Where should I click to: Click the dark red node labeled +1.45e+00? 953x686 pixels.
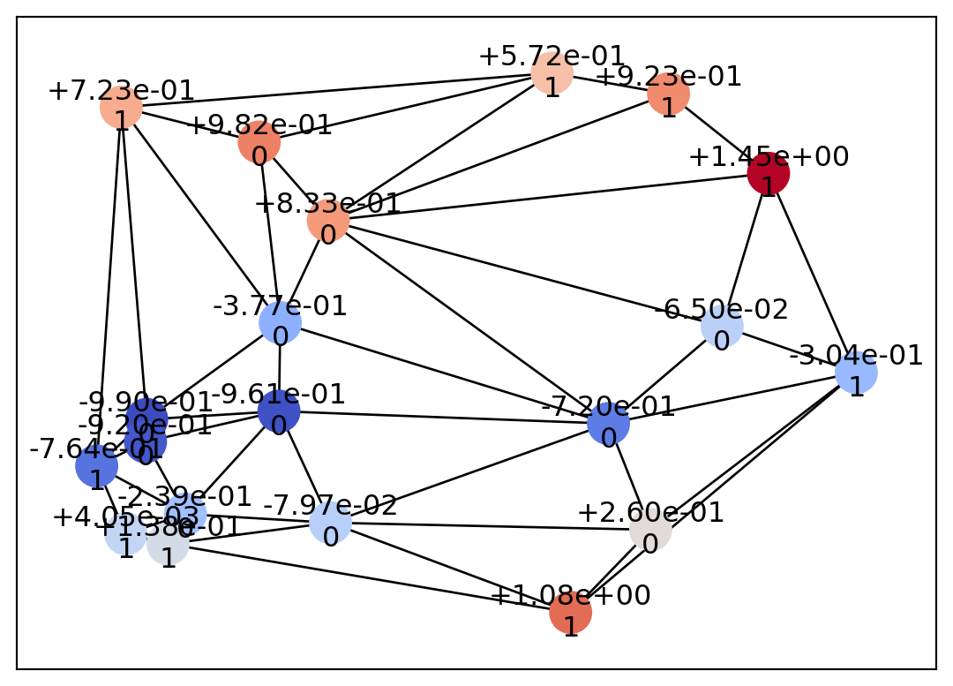click(x=768, y=173)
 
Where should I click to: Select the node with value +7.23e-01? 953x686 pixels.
click(x=121, y=108)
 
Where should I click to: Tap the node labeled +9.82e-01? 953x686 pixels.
click(x=259, y=143)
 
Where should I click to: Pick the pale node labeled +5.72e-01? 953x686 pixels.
click(x=552, y=72)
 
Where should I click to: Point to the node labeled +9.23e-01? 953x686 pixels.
click(x=668, y=93)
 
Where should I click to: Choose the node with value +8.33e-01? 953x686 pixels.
click(x=328, y=221)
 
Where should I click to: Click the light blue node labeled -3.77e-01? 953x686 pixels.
click(x=280, y=322)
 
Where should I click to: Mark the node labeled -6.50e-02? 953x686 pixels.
click(x=722, y=326)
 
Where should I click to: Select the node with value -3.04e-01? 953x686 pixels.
click(x=856, y=373)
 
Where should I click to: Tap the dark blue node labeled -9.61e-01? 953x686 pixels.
click(x=279, y=411)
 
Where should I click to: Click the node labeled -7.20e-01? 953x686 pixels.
click(x=608, y=423)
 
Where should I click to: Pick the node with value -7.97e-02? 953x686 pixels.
click(x=330, y=522)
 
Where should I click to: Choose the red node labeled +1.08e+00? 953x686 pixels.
click(x=570, y=612)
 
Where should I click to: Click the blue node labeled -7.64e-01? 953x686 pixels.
click(x=96, y=465)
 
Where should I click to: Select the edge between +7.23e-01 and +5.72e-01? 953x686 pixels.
click(x=335, y=90)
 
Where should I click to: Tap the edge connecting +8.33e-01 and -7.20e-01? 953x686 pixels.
click(x=468, y=321)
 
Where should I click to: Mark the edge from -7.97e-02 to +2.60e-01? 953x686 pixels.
click(x=490, y=526)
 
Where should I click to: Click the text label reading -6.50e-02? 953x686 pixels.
click(x=721, y=310)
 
